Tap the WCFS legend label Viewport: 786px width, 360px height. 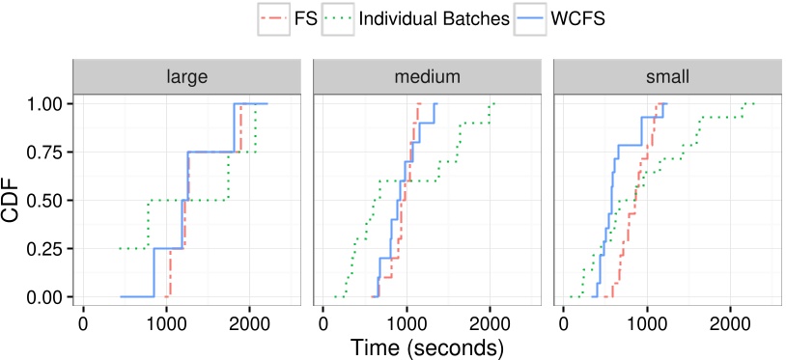584,18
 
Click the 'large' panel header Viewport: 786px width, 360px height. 188,75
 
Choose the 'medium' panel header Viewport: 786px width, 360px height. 428,75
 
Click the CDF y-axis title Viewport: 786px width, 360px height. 14,200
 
